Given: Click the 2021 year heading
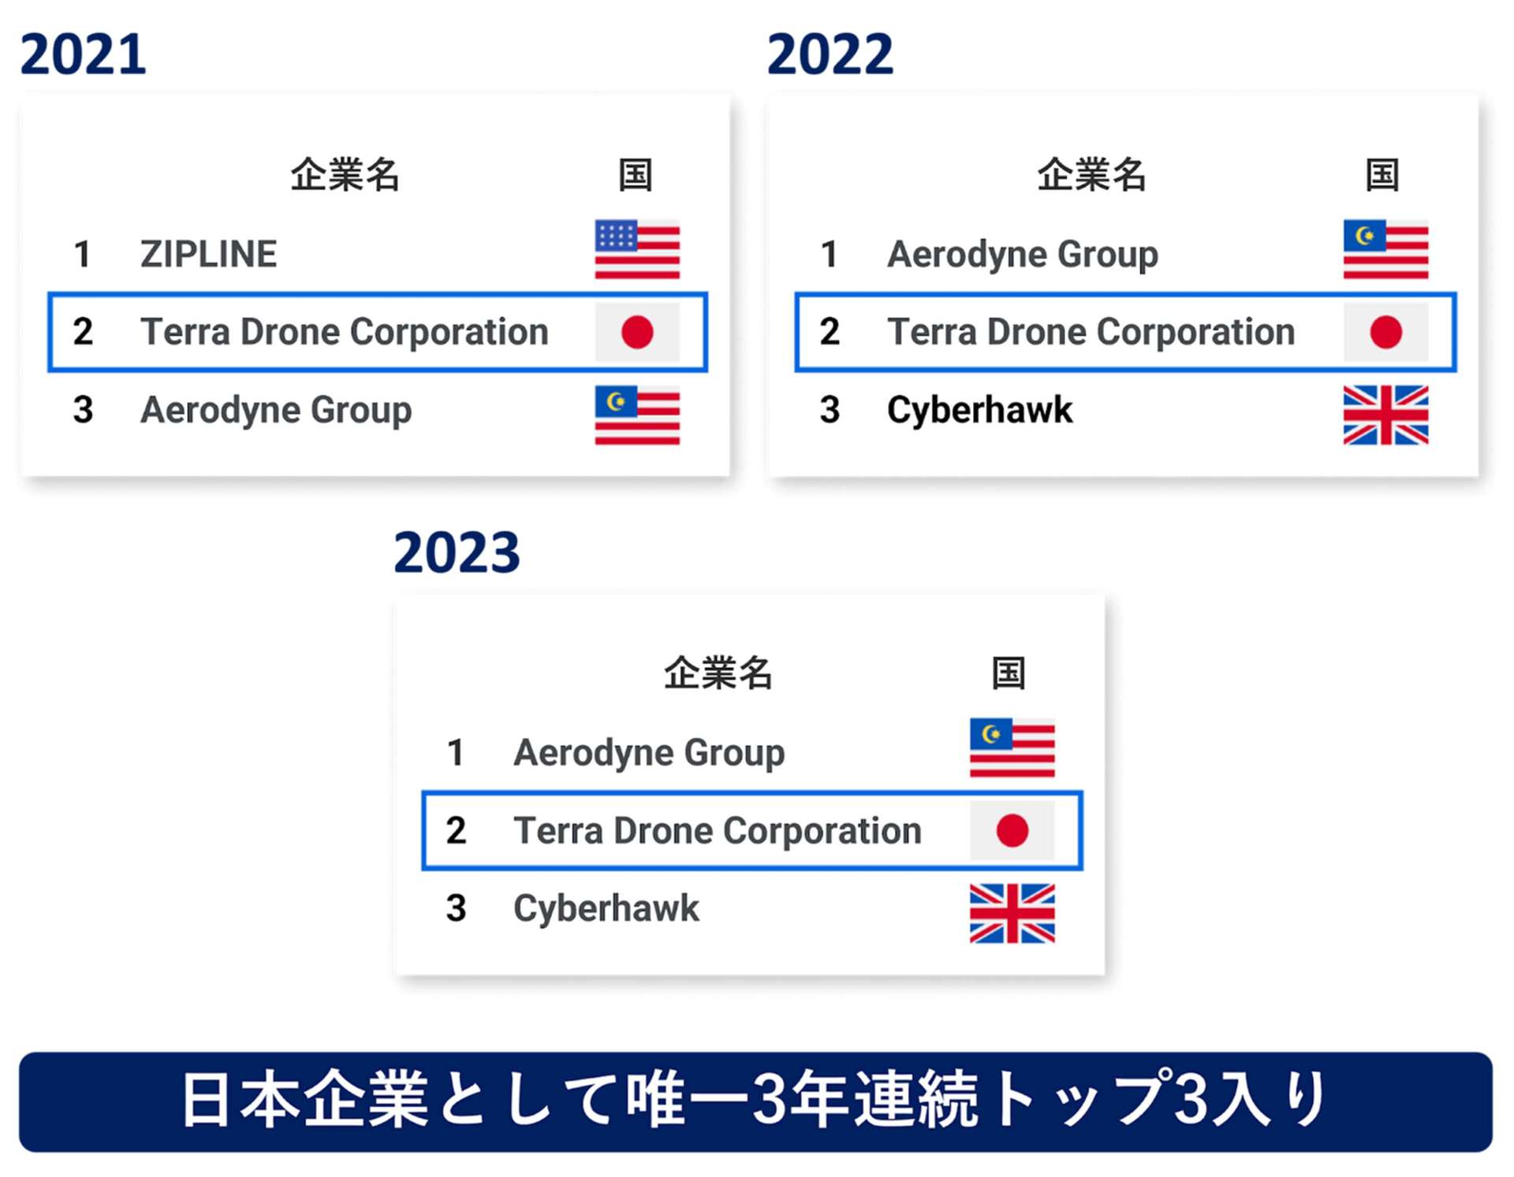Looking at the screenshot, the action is pyautogui.click(x=83, y=54).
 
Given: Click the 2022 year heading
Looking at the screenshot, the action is pyautogui.click(x=830, y=54).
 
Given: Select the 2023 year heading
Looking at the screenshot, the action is pyautogui.click(x=457, y=553).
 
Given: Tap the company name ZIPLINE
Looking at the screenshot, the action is pyautogui.click(x=208, y=254).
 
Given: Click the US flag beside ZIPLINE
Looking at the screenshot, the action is pyautogui.click(x=637, y=249).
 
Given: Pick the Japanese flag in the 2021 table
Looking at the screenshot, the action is pyautogui.click(x=637, y=332).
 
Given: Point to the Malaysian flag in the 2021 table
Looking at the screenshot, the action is pyautogui.click(x=637, y=415).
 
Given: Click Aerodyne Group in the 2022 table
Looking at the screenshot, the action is pyautogui.click(x=1023, y=255).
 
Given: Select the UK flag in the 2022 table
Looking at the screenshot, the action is pyautogui.click(x=1385, y=415).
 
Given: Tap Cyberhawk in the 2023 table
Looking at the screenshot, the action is pyautogui.click(x=606, y=908).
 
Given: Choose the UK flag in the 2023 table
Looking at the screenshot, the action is pyautogui.click(x=1012, y=913).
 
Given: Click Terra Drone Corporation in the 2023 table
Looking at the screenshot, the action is pyautogui.click(x=718, y=831).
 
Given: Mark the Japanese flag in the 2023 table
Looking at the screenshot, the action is pyautogui.click(x=1012, y=830).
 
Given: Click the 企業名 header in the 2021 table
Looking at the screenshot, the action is pyautogui.click(x=345, y=174).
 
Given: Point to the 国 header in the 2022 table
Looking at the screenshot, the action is pyautogui.click(x=1382, y=174).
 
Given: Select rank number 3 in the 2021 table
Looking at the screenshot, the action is pyautogui.click(x=83, y=410).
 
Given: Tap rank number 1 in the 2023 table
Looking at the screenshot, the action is pyautogui.click(x=455, y=753).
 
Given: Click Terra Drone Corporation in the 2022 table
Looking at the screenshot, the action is pyautogui.click(x=1091, y=332).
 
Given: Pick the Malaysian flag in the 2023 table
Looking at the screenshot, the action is pyautogui.click(x=1012, y=747).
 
